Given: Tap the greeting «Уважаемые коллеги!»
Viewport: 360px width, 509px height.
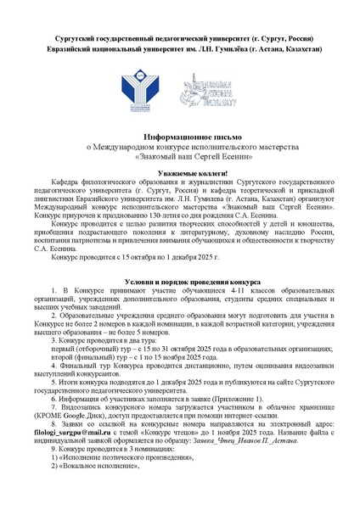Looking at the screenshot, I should point(180,171).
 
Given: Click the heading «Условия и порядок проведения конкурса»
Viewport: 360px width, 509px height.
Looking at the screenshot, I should point(180,279).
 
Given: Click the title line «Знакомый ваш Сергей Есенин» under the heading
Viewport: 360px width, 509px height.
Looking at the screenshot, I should point(180,156).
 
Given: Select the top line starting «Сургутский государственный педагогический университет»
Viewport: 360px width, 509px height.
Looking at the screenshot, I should point(180,39).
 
